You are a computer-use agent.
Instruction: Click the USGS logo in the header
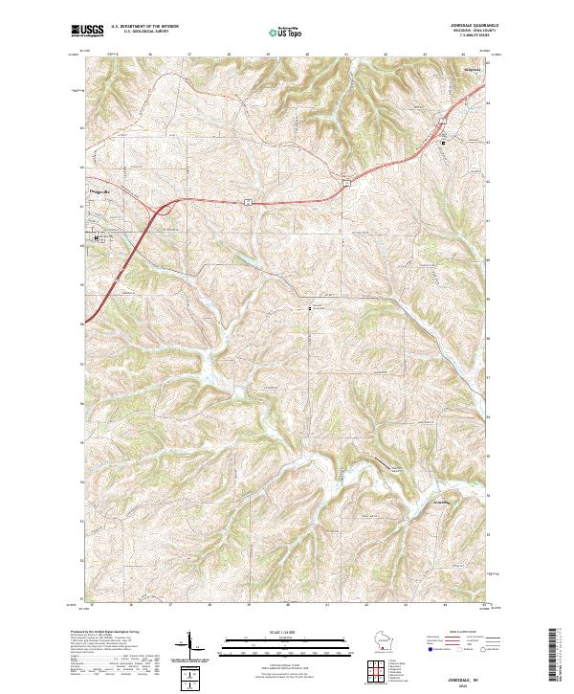click(x=86, y=30)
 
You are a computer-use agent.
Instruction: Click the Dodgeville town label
click(x=99, y=191)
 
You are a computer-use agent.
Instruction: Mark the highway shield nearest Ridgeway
click(x=442, y=123)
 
